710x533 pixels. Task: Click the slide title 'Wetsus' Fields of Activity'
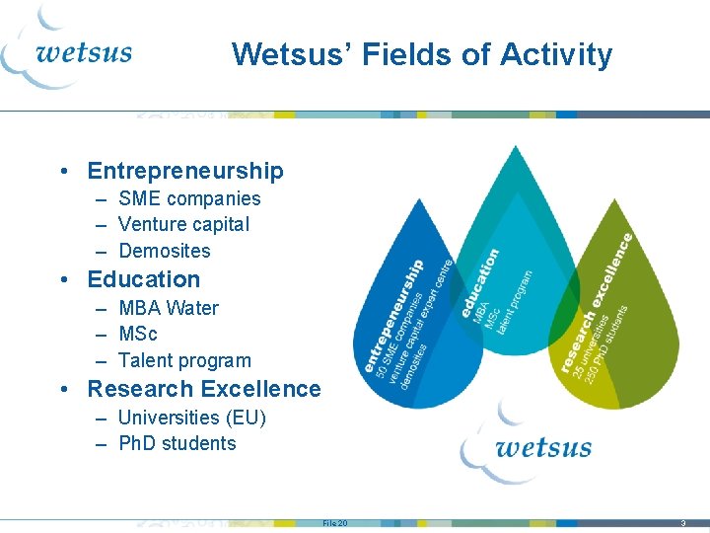(x=422, y=54)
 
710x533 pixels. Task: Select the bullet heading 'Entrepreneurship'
(x=185, y=171)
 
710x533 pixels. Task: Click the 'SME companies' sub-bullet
(x=189, y=198)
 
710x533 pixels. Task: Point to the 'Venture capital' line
(x=183, y=224)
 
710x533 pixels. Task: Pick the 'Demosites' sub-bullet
(x=164, y=251)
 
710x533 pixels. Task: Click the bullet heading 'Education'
(x=144, y=279)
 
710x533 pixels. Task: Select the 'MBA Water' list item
(x=168, y=308)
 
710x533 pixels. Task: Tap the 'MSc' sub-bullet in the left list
(x=138, y=334)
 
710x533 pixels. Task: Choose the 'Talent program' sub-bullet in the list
(x=184, y=360)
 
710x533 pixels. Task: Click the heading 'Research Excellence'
(x=204, y=389)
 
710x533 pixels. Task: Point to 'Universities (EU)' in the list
(x=191, y=418)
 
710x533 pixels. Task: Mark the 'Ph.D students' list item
(x=177, y=443)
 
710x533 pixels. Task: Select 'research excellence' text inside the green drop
(x=598, y=302)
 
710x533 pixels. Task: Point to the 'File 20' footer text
(x=334, y=522)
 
